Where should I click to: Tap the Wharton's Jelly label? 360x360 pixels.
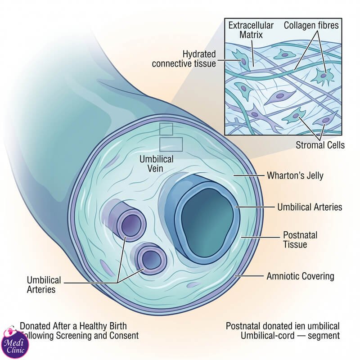[x=295, y=175]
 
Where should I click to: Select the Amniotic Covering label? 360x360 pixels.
[x=300, y=276]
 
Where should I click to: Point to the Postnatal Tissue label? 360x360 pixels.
[x=300, y=240]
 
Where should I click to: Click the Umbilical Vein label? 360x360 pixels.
[x=156, y=164]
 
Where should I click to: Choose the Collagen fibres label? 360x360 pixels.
[x=311, y=25]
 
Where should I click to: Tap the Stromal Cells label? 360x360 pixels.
[x=320, y=145]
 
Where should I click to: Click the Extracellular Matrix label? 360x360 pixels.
[x=251, y=30]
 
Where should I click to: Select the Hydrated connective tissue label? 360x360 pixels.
[x=184, y=59]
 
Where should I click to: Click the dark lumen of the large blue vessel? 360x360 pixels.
[x=207, y=223]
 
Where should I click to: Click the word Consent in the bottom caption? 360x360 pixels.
[x=124, y=335]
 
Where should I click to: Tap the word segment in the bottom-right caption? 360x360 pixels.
[x=324, y=336]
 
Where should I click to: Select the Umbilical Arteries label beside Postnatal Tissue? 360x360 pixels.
[x=310, y=207]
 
